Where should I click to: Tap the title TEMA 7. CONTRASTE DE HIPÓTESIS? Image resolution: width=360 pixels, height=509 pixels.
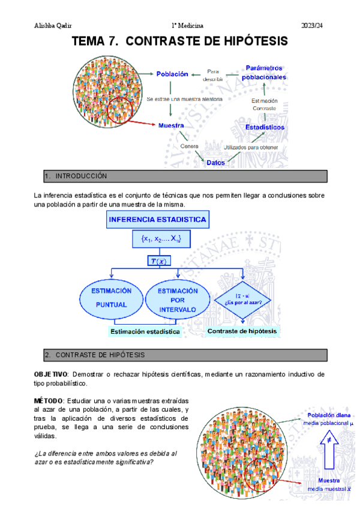point(179,41)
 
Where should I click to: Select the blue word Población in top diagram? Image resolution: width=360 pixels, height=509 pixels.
point(172,74)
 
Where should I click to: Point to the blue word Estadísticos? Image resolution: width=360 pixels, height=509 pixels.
point(265,127)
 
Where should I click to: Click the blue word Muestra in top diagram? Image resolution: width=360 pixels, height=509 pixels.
point(170,126)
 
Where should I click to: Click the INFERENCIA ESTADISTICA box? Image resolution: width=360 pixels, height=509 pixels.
point(158,220)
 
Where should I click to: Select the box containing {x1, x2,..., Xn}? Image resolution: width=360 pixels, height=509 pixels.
point(157,239)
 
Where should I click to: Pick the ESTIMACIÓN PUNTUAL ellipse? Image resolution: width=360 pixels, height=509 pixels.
point(111,298)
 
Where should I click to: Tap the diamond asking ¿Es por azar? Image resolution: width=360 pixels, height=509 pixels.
point(243,298)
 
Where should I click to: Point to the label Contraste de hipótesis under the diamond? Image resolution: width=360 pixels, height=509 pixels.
point(243,331)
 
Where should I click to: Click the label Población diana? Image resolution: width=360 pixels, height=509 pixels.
point(329,415)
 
